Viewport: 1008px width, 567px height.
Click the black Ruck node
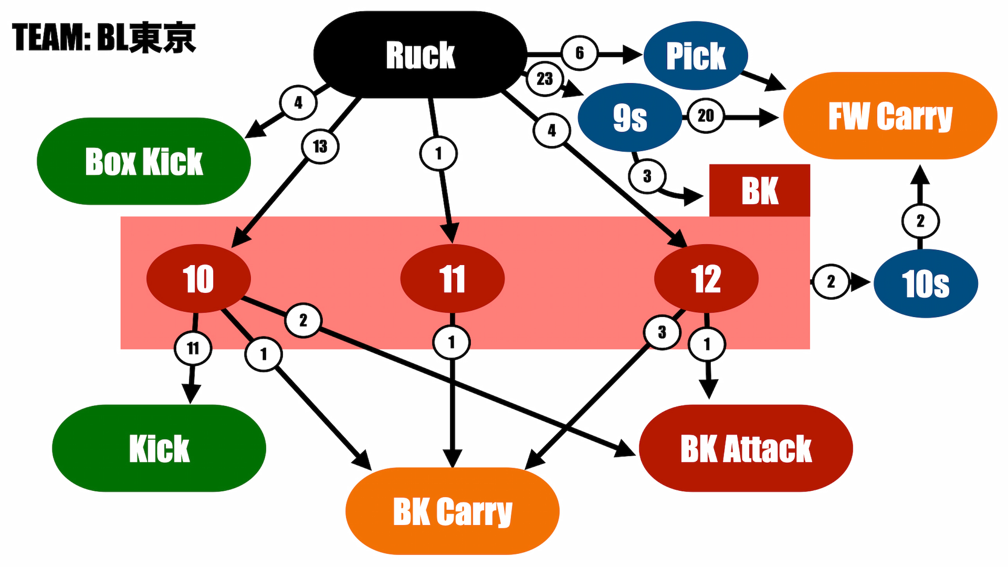point(420,54)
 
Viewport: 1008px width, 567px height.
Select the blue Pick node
point(696,55)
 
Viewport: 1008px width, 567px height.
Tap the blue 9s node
point(630,117)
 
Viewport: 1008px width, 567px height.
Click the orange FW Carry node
point(890,116)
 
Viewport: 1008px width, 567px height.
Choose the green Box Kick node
point(144,161)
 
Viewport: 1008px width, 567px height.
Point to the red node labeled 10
point(198,279)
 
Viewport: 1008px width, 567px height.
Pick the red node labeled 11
point(452,279)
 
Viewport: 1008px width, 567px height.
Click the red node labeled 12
point(706,279)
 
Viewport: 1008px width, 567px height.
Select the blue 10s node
point(926,283)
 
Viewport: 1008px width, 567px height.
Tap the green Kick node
point(159,448)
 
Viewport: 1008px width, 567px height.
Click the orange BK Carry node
point(452,511)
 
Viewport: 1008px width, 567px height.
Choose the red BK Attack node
point(746,448)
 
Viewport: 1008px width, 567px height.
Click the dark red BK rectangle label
point(760,190)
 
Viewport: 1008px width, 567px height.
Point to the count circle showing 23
point(545,79)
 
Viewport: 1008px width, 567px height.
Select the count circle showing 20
point(706,115)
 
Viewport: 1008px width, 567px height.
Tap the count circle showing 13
point(320,147)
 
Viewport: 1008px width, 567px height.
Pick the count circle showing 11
point(193,348)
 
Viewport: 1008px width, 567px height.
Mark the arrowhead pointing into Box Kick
point(255,129)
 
